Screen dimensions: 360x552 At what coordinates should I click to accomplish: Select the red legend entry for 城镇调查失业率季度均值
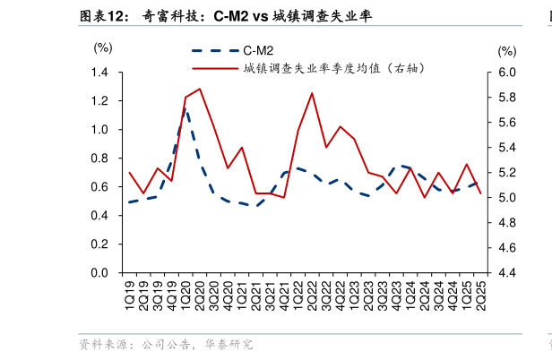pyautogui.click(x=305, y=68)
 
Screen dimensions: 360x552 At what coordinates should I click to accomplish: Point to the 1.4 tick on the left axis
pyautogui.click(x=99, y=73)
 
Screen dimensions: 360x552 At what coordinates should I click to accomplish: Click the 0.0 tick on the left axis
pyautogui.click(x=99, y=273)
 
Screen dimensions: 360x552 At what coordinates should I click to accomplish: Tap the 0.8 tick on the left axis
pyautogui.click(x=99, y=159)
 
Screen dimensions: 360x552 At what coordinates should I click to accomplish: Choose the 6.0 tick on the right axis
pyautogui.click(x=507, y=73)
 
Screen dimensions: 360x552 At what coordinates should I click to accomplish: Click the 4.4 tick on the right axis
pyautogui.click(x=507, y=273)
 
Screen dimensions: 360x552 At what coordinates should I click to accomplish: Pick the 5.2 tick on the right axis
pyautogui.click(x=507, y=173)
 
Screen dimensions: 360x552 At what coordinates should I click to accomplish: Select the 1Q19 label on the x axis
pyautogui.click(x=130, y=295)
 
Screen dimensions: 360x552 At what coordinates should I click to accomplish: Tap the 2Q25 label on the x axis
pyautogui.click(x=481, y=295)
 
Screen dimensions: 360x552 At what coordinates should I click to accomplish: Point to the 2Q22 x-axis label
pyautogui.click(x=313, y=295)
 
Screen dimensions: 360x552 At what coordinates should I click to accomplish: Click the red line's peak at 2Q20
pyautogui.click(x=199, y=89)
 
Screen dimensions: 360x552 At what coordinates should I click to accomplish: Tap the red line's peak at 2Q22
pyautogui.click(x=312, y=93)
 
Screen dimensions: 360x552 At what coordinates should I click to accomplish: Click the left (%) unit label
pyautogui.click(x=104, y=47)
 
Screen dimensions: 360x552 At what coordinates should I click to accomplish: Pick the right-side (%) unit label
pyautogui.click(x=506, y=52)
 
